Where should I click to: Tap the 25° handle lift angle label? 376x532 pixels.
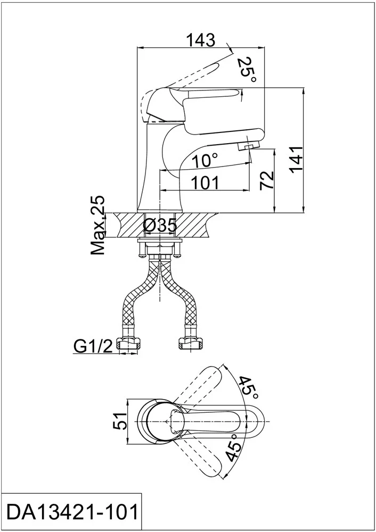(x=246, y=70)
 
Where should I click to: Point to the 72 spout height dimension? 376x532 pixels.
(x=266, y=180)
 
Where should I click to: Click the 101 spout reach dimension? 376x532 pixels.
(x=206, y=183)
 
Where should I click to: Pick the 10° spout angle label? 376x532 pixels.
(x=205, y=160)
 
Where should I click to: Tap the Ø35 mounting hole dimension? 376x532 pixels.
(x=160, y=226)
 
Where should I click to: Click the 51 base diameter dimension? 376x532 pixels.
(x=119, y=421)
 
